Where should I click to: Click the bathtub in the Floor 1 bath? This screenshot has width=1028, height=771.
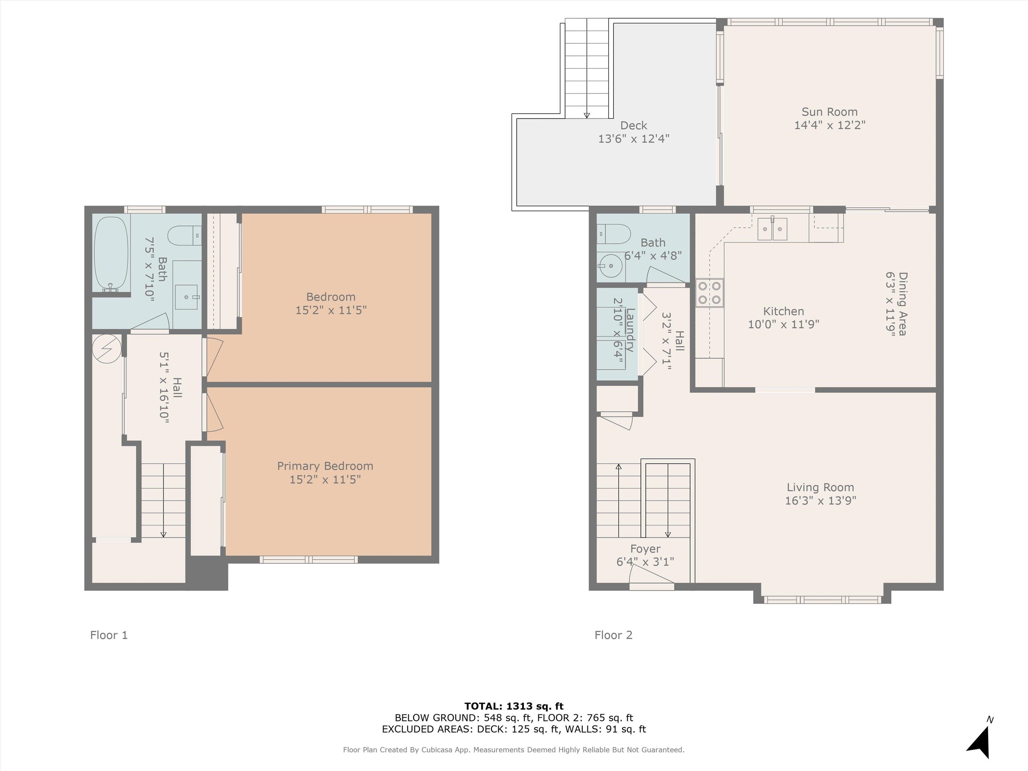point(111,253)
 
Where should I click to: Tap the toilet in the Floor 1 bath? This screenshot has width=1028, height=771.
point(184,236)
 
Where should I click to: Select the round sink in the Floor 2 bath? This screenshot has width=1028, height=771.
point(610,266)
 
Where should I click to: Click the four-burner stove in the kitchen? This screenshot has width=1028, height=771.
point(710,293)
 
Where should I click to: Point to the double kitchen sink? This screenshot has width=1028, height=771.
point(772,229)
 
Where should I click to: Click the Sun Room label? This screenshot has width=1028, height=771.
point(830,112)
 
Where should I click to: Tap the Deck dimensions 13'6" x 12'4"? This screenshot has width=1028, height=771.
point(633,139)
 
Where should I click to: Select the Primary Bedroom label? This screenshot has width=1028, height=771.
point(325,466)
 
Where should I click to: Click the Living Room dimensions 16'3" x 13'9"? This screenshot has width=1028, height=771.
point(821,501)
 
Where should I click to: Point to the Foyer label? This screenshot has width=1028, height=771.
point(646,549)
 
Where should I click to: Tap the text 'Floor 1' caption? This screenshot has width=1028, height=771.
point(109,635)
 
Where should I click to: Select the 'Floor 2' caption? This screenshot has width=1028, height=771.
point(613,635)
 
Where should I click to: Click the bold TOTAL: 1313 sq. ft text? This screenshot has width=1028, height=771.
point(514,706)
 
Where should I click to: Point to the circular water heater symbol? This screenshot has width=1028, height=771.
point(106,348)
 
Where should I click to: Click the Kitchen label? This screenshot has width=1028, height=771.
point(783,311)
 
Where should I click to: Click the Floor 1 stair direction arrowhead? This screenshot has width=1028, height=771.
point(163,535)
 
